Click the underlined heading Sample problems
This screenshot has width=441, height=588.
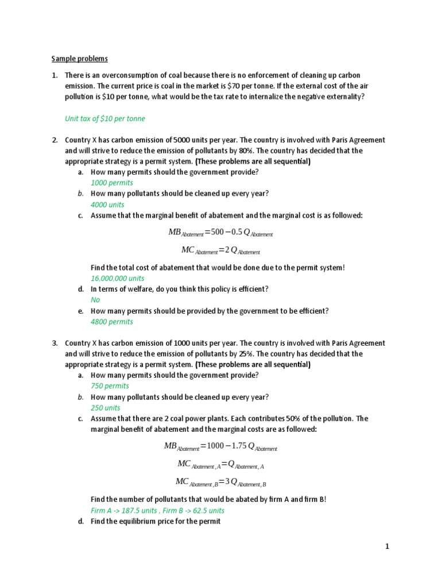tap(79, 59)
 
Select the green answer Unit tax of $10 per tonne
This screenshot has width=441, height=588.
tap(105, 118)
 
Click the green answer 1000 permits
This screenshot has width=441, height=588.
tap(112, 183)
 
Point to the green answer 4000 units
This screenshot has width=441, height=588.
tap(107, 204)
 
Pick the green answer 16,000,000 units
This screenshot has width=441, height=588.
tap(118, 278)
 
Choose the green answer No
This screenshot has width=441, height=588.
tap(95, 300)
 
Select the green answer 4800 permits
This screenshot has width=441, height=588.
tap(112, 322)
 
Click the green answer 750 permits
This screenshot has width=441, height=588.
tap(110, 386)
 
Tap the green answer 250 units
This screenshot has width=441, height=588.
tap(106, 408)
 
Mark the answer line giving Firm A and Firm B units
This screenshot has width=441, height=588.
tap(158, 510)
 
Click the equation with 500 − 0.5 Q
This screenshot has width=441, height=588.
tap(220, 233)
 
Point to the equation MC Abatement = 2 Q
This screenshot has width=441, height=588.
tap(220, 250)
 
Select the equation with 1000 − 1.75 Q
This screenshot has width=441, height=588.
tap(220, 447)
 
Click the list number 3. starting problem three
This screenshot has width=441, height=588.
tap(55, 343)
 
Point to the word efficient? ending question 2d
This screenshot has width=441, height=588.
tap(250, 289)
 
